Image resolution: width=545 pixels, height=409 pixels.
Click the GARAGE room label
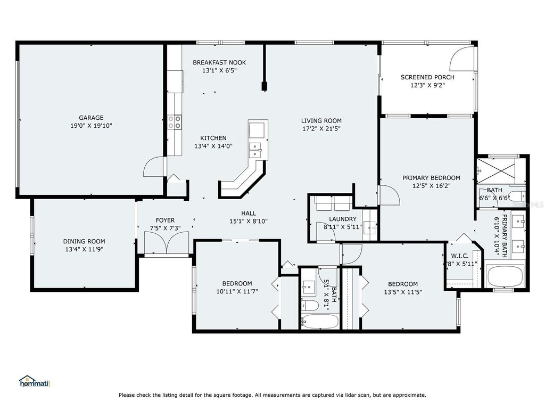[x=91, y=118]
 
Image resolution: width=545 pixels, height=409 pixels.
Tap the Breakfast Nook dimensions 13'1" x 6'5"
[x=219, y=70]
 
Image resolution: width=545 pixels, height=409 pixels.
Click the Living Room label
[x=321, y=120]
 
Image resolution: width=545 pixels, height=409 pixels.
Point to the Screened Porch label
[x=427, y=77]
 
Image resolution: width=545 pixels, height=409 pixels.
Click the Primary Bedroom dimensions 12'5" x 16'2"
[x=431, y=186]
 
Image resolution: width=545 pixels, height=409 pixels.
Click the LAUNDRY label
[x=342, y=219]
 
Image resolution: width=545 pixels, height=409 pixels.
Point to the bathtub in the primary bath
[x=505, y=277]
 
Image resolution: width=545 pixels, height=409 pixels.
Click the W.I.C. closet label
[x=459, y=256]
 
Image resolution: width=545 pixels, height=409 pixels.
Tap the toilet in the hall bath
[x=308, y=306]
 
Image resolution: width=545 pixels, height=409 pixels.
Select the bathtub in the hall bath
[x=319, y=322]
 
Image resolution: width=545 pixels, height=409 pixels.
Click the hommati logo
[x=35, y=381]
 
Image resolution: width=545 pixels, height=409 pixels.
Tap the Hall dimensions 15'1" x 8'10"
[x=248, y=222]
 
